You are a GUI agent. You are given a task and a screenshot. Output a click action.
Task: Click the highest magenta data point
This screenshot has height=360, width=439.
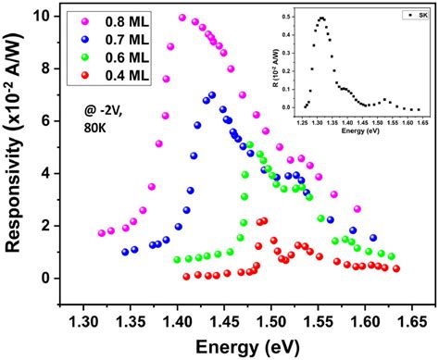click(182, 18)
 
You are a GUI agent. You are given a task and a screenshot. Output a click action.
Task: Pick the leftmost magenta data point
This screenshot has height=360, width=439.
click(102, 233)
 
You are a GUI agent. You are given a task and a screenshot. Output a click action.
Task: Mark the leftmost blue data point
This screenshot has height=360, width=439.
click(125, 252)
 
